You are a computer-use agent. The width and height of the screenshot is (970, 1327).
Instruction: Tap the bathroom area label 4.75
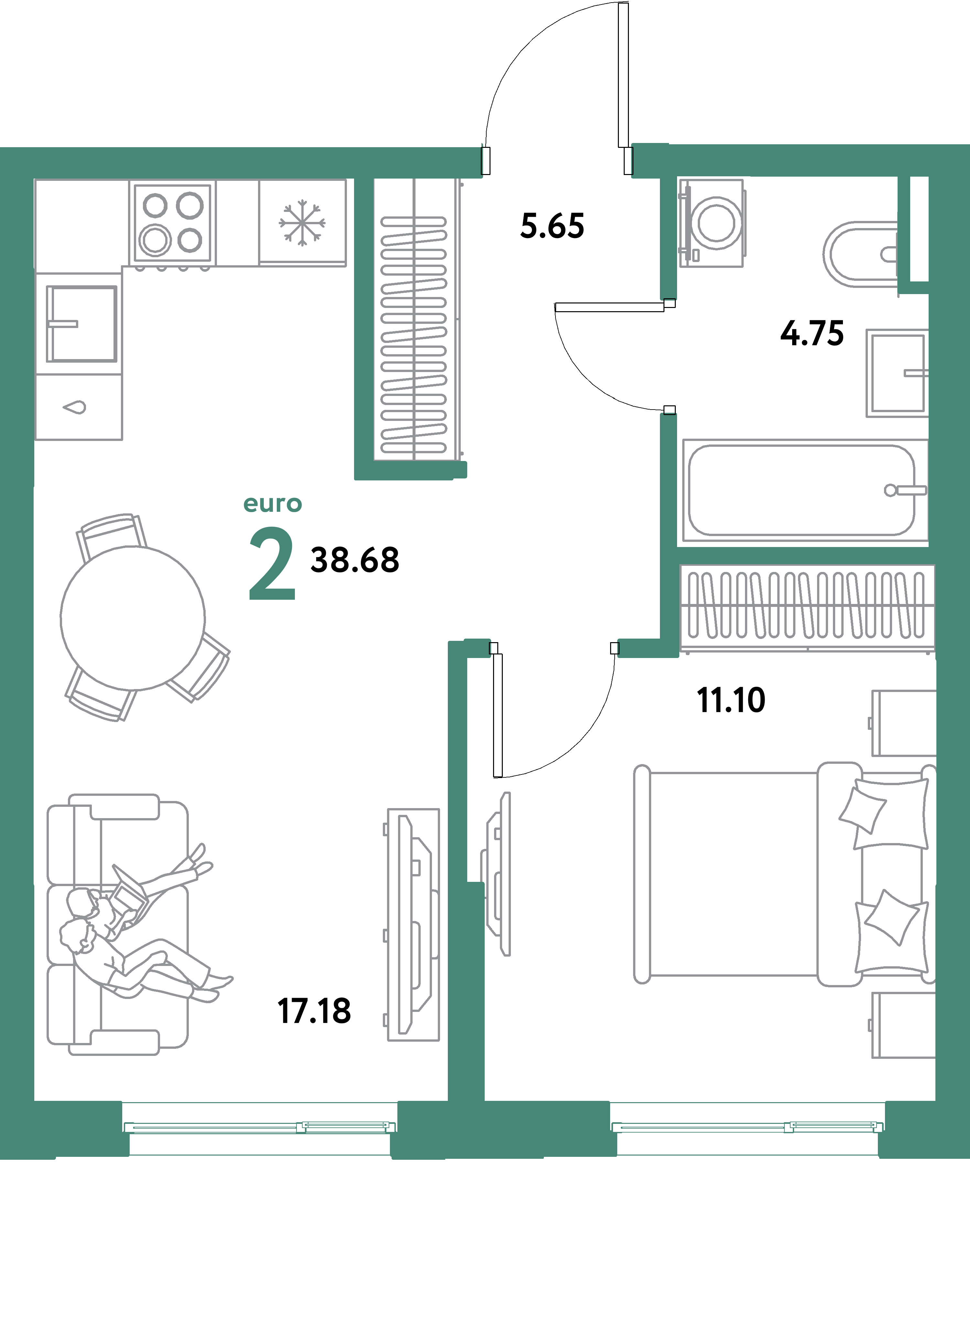point(812,334)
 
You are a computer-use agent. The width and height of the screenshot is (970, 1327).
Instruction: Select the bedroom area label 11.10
point(731,700)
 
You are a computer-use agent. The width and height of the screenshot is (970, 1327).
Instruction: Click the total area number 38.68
point(355,560)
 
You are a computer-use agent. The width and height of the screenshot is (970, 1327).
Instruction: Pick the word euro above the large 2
point(273,504)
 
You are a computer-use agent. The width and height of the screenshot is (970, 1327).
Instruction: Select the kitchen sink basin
point(81,324)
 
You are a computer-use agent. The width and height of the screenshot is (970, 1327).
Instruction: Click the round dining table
point(133,618)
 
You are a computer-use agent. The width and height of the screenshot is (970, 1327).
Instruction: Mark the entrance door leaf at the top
point(623,75)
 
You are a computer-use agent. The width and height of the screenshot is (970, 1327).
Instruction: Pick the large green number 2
point(272,564)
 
